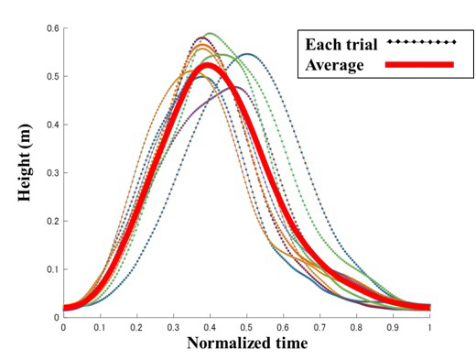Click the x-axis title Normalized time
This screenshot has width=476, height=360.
click(247, 344)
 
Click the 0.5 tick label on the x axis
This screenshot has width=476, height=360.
click(247, 327)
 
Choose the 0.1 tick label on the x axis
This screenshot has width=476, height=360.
click(100, 327)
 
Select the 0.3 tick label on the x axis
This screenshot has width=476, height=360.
click(173, 327)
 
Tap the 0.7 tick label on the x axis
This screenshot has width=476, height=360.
click(320, 327)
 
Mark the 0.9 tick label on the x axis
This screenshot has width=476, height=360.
click(394, 327)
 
